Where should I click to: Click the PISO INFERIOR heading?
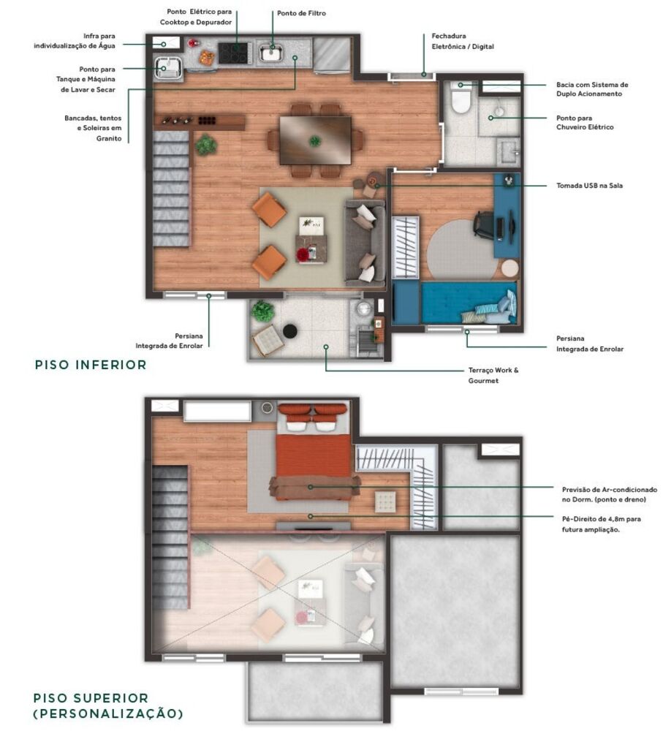point(91,364)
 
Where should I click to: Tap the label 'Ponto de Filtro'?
point(301,14)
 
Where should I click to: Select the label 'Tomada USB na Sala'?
point(588,186)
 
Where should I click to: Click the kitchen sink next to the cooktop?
point(273,53)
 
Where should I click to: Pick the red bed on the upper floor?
point(314,457)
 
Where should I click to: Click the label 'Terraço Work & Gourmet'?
point(493,375)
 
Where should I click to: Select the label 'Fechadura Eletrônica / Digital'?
point(462,41)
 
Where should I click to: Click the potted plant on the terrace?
point(262,312)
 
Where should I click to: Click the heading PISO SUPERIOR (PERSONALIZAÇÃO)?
point(107,705)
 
